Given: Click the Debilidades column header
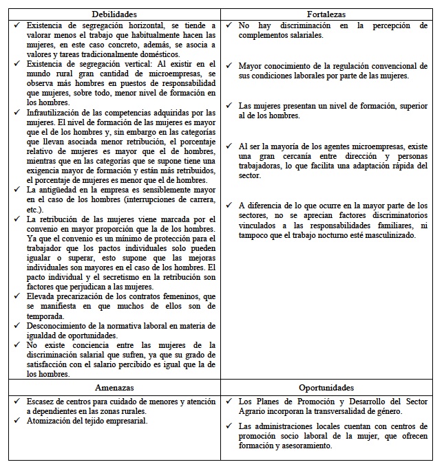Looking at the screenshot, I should coord(114,13).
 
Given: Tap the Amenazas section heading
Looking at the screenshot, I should coord(114,387).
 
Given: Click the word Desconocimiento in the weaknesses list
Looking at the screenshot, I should coord(60,325).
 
